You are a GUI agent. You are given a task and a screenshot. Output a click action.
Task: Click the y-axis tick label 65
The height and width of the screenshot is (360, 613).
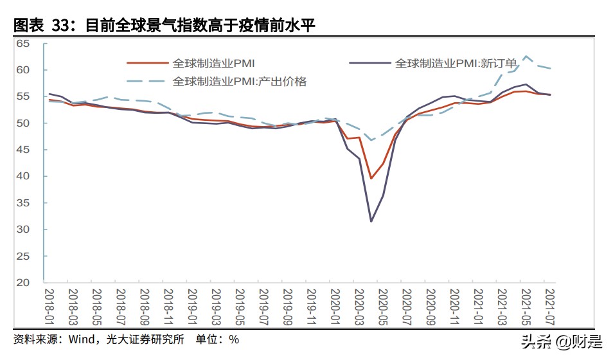[x=23, y=43]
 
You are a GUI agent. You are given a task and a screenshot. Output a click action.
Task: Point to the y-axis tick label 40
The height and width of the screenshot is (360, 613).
[x=23, y=176]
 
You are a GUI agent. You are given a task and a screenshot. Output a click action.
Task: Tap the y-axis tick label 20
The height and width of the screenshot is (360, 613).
[x=23, y=283]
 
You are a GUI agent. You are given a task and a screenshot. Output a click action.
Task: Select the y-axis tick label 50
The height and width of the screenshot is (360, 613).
[x=23, y=123]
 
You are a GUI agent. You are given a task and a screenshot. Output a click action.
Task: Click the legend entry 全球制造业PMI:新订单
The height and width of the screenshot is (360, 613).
[x=455, y=63]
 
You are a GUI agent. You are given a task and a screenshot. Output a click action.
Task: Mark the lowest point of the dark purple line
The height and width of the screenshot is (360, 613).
[x=371, y=222]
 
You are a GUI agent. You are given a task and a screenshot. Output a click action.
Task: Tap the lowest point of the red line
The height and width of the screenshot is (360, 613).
[x=371, y=179]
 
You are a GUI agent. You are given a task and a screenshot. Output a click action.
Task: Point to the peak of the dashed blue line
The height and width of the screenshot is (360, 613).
[x=526, y=56]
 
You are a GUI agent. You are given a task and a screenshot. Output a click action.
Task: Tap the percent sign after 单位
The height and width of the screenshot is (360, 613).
[x=235, y=339]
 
